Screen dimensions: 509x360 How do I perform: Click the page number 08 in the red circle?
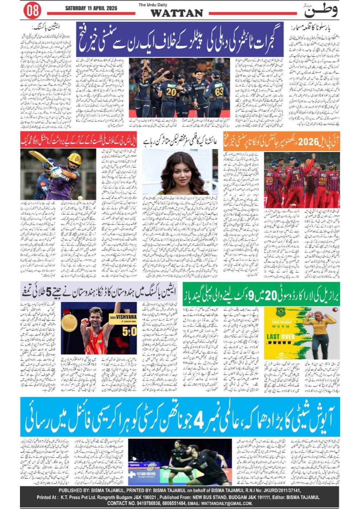tap(32, 10)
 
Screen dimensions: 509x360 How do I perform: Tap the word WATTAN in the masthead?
tap(177, 13)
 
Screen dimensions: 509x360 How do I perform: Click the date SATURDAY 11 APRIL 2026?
tap(91, 8)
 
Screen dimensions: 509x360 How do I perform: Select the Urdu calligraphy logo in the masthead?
tap(320, 10)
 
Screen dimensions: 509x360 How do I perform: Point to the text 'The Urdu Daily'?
tap(153, 5)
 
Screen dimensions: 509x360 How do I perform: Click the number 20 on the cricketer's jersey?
tap(171, 92)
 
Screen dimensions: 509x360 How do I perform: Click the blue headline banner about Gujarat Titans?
tap(180, 39)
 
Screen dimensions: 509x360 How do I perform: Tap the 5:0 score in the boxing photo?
tap(129, 331)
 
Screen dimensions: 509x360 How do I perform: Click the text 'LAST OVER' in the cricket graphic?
tap(278, 337)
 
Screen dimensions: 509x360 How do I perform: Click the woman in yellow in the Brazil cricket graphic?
tap(319, 330)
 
